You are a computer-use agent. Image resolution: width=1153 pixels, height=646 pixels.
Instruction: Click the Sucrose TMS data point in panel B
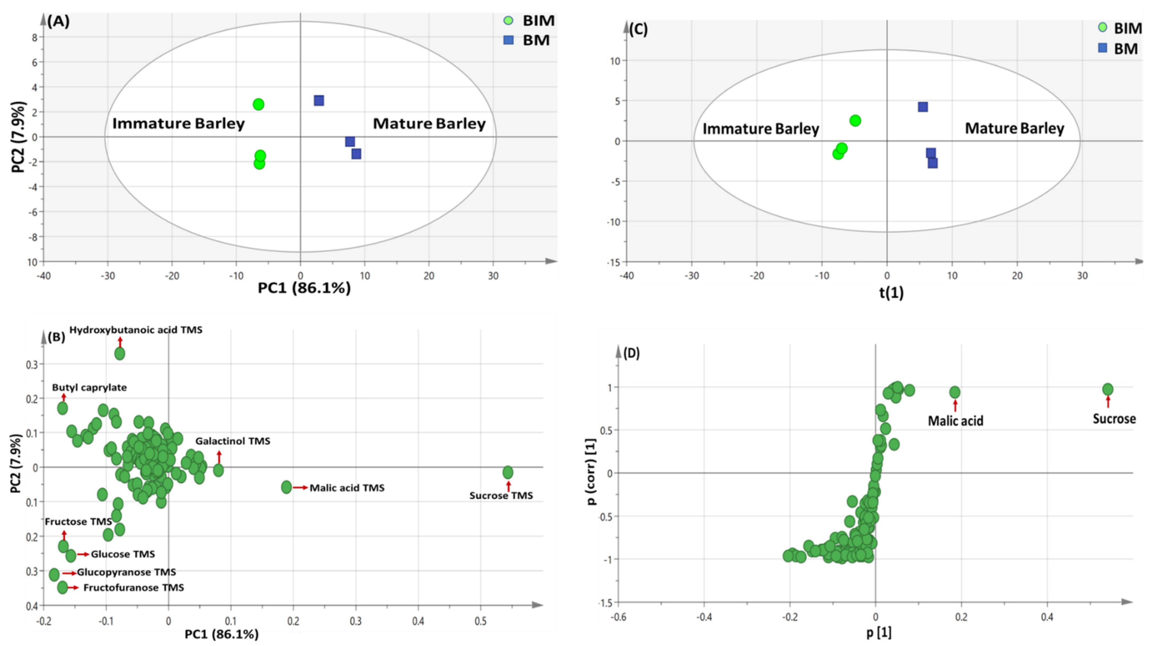pos(508,472)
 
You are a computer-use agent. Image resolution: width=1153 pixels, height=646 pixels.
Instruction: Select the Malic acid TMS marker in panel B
pos(287,487)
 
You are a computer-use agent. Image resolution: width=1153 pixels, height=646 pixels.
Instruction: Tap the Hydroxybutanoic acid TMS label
pos(136,330)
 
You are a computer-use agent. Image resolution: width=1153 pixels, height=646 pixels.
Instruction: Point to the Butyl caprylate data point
pos(63,408)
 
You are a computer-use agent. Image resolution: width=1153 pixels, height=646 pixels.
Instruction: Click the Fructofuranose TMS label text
pos(133,587)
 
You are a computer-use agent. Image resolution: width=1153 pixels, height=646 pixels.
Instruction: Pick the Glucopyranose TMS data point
pos(54,574)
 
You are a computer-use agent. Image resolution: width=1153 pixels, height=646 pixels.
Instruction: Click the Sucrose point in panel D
pos(1107,389)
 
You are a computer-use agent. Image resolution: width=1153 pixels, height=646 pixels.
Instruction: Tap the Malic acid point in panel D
pos(955,392)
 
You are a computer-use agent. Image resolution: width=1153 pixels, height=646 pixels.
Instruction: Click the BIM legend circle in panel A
pos(508,21)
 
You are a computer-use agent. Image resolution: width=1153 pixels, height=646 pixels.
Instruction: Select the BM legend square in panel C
pos(1102,48)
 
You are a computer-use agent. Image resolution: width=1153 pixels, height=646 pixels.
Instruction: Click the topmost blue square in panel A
pos(319,100)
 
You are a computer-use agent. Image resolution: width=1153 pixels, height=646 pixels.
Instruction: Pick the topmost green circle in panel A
pos(258,104)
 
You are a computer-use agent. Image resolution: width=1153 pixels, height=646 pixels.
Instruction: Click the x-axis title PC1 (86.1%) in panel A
pos(304,288)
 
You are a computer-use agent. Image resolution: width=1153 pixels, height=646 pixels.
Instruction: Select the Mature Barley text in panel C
pos(1014,129)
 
